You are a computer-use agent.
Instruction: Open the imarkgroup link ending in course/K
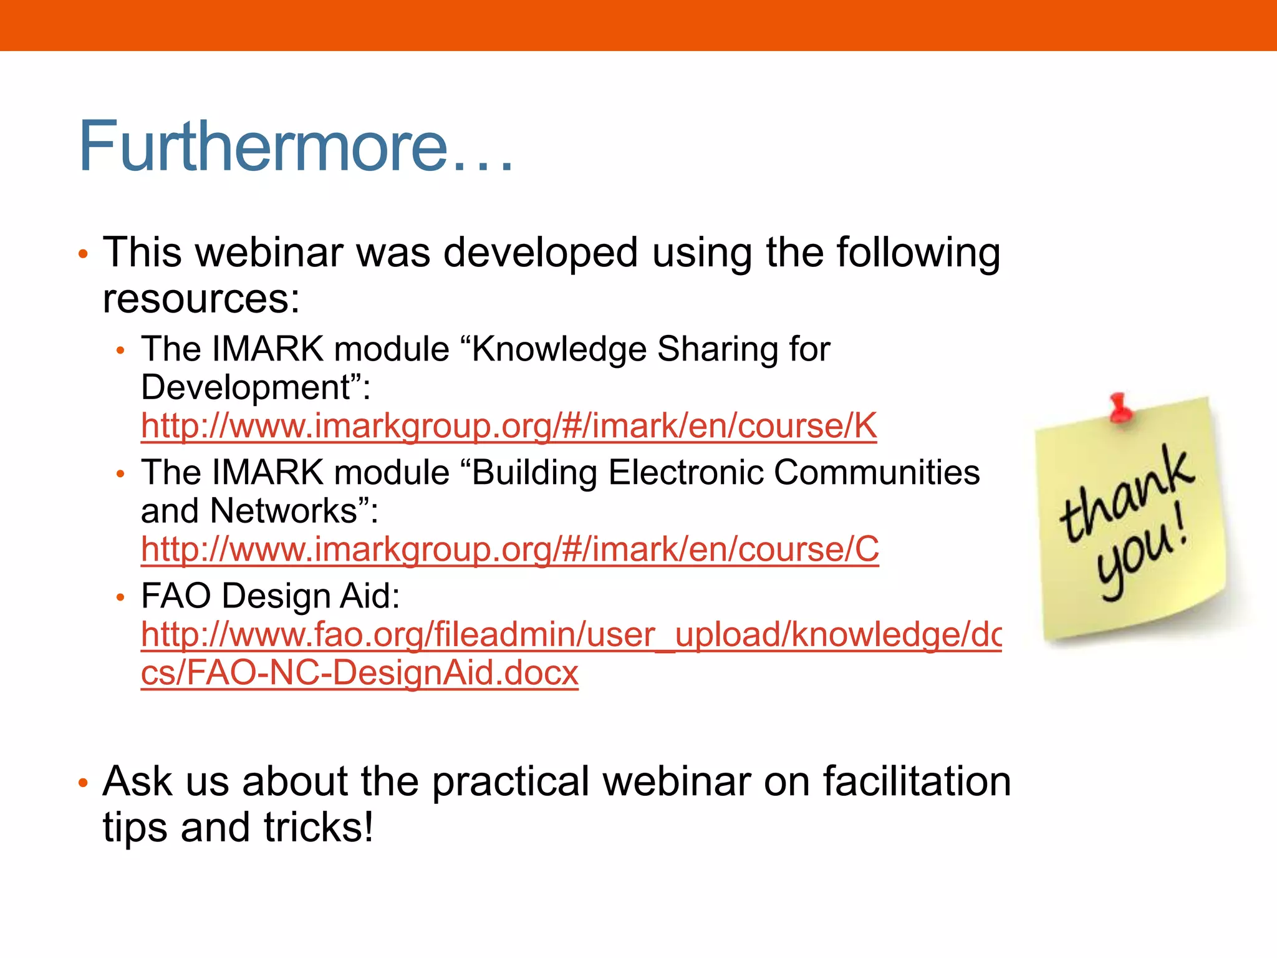(508, 426)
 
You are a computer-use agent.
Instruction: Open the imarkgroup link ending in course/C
(509, 549)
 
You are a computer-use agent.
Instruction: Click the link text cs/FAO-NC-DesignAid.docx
(359, 673)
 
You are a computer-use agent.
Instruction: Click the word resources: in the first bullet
(201, 299)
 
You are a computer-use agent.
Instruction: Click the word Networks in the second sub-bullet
(284, 511)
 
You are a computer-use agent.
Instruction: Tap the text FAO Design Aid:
(270, 596)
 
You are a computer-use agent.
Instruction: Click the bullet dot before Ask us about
(83, 783)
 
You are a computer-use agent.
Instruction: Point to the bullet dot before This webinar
(83, 254)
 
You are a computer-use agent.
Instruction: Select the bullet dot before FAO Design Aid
(121, 598)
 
